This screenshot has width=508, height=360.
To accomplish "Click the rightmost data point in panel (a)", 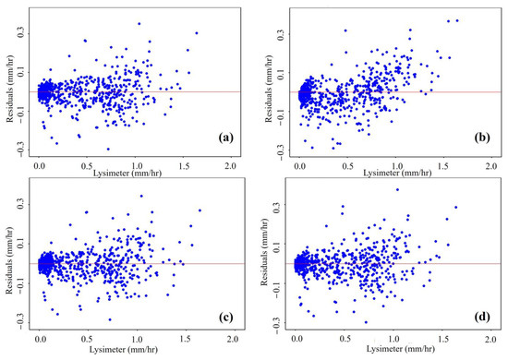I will (197, 33).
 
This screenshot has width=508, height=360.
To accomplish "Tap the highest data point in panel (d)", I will (397, 189).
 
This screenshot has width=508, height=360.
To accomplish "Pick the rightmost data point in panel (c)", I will (199, 210).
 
